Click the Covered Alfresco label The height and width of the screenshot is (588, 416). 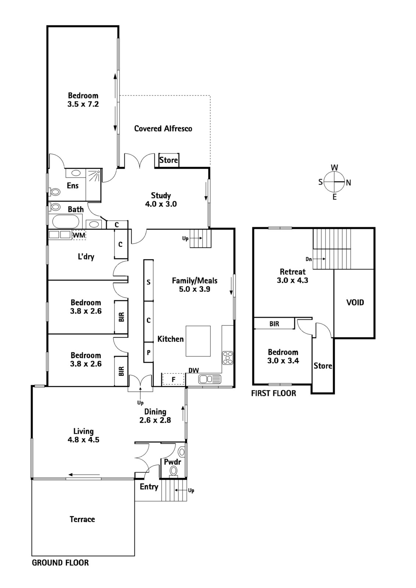(163, 128)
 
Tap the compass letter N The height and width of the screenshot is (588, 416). (348, 183)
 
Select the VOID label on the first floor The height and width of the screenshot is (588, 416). (355, 302)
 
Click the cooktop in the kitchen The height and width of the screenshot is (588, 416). (228, 358)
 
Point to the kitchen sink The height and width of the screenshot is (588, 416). (210, 379)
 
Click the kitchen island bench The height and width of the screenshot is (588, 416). (198, 341)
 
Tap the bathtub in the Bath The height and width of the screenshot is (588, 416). (65, 221)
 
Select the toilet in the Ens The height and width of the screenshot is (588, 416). (54, 191)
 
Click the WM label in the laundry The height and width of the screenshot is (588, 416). (79, 235)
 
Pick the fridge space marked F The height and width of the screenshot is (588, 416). (173, 379)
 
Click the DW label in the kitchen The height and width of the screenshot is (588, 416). (194, 370)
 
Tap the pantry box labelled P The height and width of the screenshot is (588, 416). (149, 352)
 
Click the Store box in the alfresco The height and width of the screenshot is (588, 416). (169, 160)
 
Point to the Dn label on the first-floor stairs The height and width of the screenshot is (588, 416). (309, 259)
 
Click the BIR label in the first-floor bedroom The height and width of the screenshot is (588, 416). (274, 324)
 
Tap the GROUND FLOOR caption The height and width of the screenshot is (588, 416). (60, 563)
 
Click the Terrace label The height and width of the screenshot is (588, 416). (82, 519)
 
